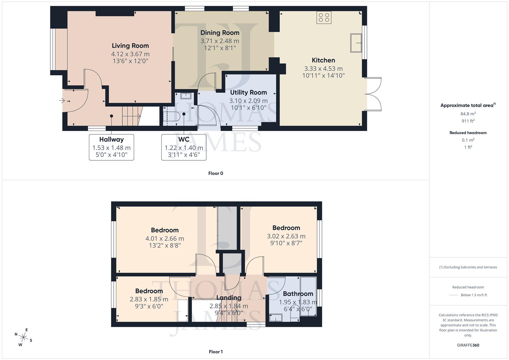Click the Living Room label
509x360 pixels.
click(x=130, y=46)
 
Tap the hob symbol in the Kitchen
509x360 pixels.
click(x=324, y=17)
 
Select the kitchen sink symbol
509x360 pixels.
click(x=356, y=43)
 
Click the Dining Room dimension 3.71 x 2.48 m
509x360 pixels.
click(x=220, y=41)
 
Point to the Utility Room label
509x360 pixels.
click(x=248, y=92)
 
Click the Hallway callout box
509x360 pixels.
click(x=111, y=147)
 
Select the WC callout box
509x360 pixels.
click(x=184, y=147)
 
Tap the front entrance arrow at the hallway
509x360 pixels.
click(x=62, y=101)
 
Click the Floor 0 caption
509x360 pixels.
click(x=215, y=173)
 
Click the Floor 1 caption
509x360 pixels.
click(x=215, y=352)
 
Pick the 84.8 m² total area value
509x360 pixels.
click(x=468, y=114)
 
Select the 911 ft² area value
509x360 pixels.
click(x=468, y=121)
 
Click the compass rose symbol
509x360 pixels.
click(x=23, y=337)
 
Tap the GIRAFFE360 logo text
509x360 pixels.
click(x=468, y=345)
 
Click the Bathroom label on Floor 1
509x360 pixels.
click(x=298, y=294)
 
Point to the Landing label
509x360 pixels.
click(x=229, y=298)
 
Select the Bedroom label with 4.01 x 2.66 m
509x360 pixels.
click(x=165, y=230)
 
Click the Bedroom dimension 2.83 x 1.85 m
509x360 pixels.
click(x=149, y=299)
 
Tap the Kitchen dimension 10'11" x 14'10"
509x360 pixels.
click(x=323, y=76)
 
